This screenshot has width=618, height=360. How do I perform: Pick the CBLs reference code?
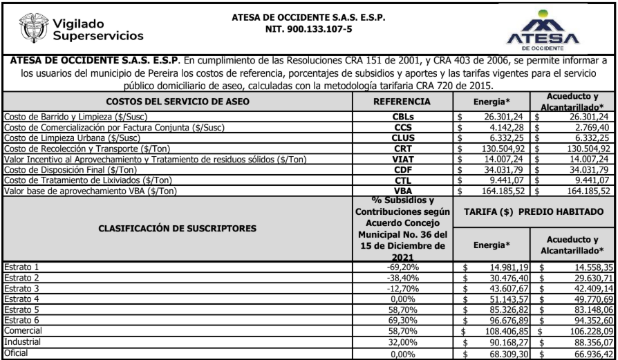tap(402, 117)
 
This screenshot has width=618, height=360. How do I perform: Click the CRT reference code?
tap(402, 148)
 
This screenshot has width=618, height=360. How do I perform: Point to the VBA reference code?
tap(402, 189)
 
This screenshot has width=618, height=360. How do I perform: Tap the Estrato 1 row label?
tap(21, 267)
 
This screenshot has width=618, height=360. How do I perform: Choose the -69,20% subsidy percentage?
tap(402, 267)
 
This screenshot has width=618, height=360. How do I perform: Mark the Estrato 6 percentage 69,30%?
tap(402, 321)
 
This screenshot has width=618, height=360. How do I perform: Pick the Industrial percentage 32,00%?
tap(402, 341)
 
